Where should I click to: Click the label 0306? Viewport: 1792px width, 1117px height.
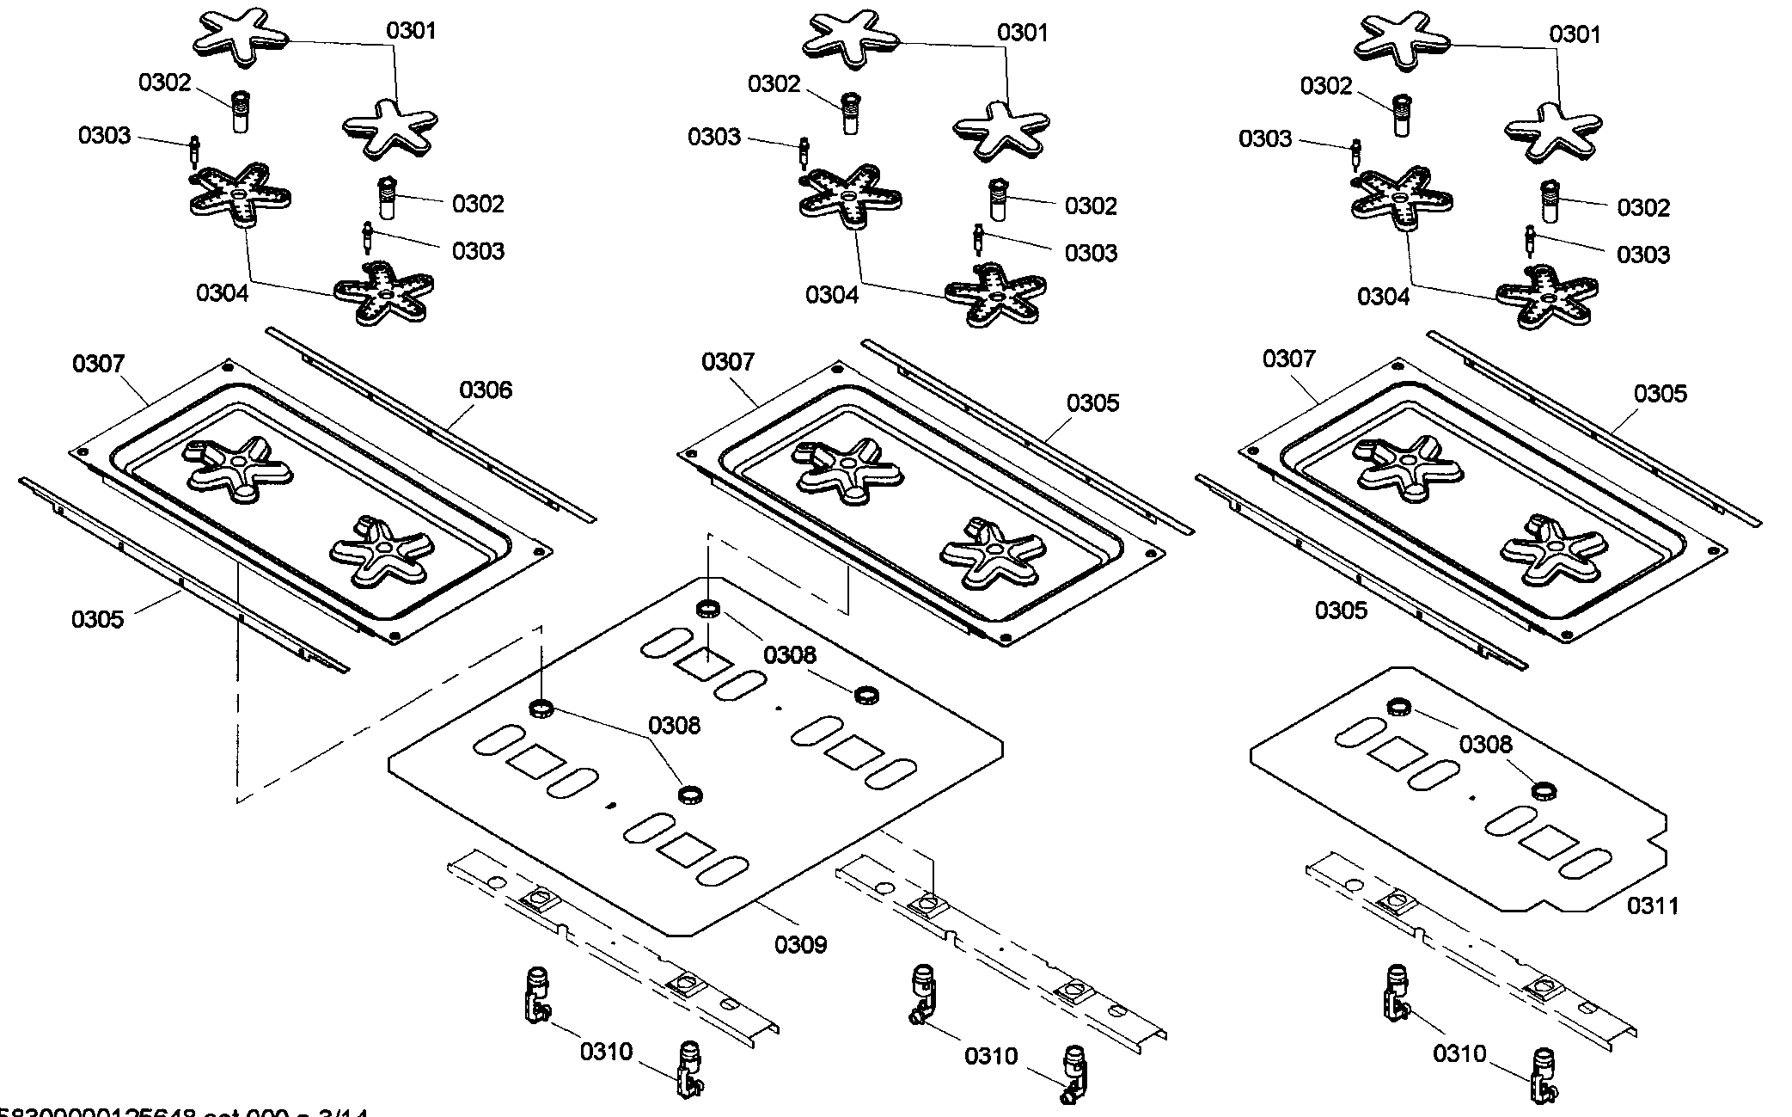pos(485,390)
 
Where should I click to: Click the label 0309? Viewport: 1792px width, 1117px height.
pos(800,945)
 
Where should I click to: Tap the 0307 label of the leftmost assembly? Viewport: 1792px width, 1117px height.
pos(98,364)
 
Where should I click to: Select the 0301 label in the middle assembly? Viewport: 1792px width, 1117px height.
pos(1023,33)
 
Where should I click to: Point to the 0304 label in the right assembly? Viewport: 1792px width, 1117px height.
pos(1383,297)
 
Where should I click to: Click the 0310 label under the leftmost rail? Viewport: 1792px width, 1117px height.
pos(606,1052)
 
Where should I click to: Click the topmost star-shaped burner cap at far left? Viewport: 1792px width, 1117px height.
pos(238,37)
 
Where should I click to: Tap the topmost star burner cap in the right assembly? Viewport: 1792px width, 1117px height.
pos(1402,39)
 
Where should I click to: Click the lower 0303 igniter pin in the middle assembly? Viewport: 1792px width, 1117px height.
pos(978,239)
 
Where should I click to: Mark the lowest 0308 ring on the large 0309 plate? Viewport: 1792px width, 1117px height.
pos(689,795)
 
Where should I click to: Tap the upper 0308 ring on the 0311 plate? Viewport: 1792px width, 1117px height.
pos(1398,708)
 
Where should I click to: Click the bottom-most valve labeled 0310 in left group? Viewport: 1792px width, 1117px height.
pos(689,1069)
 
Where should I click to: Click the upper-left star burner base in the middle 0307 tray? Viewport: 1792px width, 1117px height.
pos(846,470)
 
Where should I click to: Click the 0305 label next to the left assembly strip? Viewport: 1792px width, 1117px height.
pos(97,619)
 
